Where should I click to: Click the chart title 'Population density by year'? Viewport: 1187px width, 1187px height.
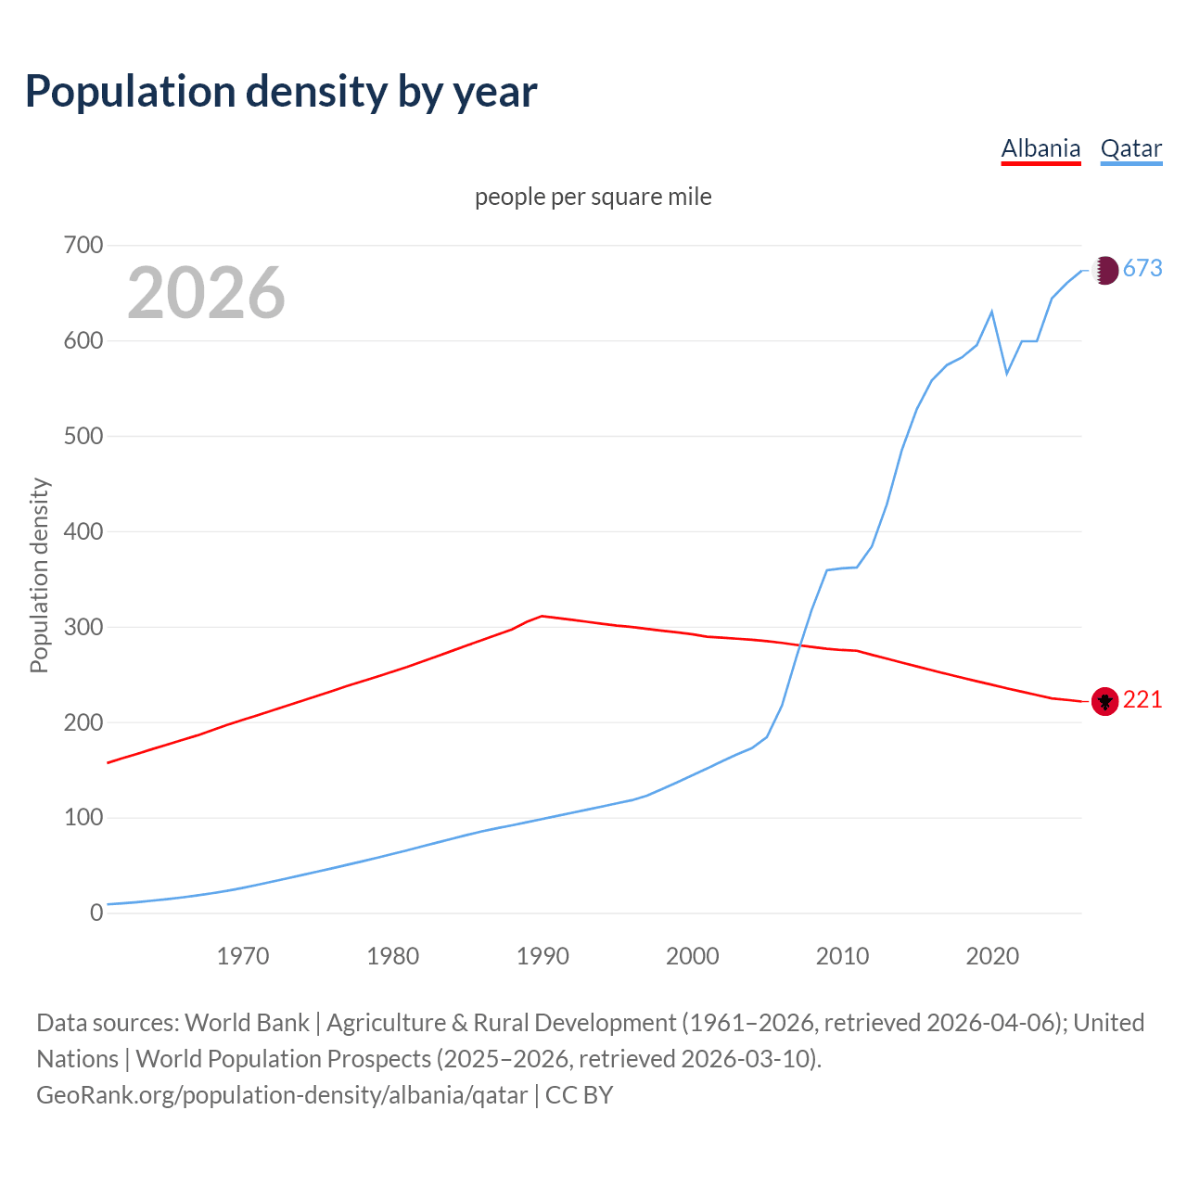(281, 91)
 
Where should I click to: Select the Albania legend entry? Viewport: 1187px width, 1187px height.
(1040, 148)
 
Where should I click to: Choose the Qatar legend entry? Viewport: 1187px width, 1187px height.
(1130, 148)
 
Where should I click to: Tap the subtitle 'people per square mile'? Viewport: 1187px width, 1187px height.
(593, 197)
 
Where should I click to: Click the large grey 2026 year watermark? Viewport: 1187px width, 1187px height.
(206, 292)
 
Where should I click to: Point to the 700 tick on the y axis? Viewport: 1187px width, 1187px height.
(83, 246)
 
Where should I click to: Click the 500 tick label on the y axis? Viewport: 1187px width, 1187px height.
(83, 436)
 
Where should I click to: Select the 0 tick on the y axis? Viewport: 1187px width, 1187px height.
(96, 913)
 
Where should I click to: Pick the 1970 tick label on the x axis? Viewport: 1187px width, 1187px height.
(243, 956)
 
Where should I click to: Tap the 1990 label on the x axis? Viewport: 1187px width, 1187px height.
(542, 956)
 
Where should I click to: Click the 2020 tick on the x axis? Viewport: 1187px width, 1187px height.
(992, 956)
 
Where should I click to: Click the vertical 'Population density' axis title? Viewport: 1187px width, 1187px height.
(39, 575)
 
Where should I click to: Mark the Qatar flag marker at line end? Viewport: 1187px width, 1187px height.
(1104, 270)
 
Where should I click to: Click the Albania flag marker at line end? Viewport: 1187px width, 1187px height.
(1104, 701)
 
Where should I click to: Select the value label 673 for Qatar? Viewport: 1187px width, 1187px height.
(1142, 269)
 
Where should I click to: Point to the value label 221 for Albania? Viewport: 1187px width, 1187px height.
(1142, 700)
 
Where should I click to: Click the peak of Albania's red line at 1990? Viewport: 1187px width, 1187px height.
(542, 616)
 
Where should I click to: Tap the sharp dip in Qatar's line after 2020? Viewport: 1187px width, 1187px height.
(1007, 374)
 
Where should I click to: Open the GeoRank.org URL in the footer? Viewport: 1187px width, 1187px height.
(282, 1095)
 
